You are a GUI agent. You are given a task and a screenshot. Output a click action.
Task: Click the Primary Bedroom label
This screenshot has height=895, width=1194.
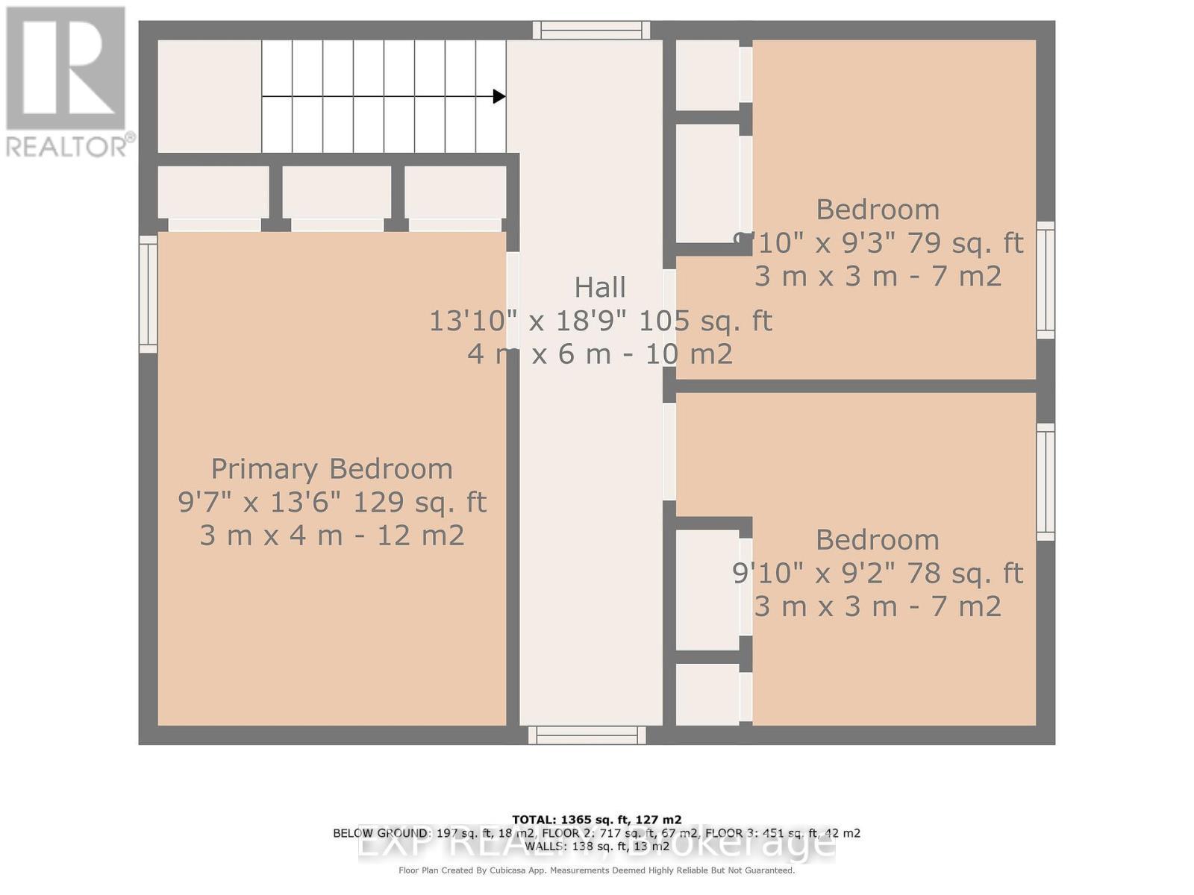click(x=331, y=469)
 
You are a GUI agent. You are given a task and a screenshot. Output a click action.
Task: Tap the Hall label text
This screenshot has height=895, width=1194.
click(x=600, y=287)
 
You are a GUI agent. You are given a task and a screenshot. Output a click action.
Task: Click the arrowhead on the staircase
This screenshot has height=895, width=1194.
click(x=499, y=96)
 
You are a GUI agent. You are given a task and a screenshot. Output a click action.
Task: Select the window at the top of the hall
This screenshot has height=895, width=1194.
click(x=591, y=30)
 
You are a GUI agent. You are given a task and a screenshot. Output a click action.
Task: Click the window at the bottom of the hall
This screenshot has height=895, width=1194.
click(x=587, y=735)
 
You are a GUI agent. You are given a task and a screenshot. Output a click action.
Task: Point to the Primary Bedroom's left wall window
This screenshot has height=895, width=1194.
click(x=149, y=294)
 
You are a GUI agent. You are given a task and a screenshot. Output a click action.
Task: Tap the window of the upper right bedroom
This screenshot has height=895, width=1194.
click(x=1045, y=280)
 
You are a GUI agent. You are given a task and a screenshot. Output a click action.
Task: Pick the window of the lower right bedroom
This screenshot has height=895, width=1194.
click(x=1045, y=482)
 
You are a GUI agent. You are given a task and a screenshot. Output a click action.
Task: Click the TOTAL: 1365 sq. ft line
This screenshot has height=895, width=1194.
click(x=596, y=820)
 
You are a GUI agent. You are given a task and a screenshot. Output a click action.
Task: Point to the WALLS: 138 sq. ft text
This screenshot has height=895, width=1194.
click(x=596, y=847)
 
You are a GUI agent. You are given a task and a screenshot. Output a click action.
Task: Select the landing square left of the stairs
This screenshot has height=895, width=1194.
click(x=209, y=96)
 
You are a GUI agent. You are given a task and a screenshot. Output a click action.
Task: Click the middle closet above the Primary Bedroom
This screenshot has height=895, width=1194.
click(x=337, y=192)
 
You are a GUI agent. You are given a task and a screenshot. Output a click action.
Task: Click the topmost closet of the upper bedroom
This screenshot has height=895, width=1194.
click(x=707, y=75)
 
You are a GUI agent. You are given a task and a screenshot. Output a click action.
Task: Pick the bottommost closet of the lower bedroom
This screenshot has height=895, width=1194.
click(x=707, y=694)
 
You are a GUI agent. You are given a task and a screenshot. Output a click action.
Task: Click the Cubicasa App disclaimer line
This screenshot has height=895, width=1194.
click(x=596, y=870)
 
